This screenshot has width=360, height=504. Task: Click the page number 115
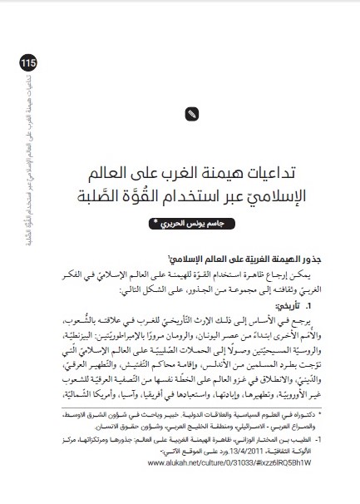point(20,63)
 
